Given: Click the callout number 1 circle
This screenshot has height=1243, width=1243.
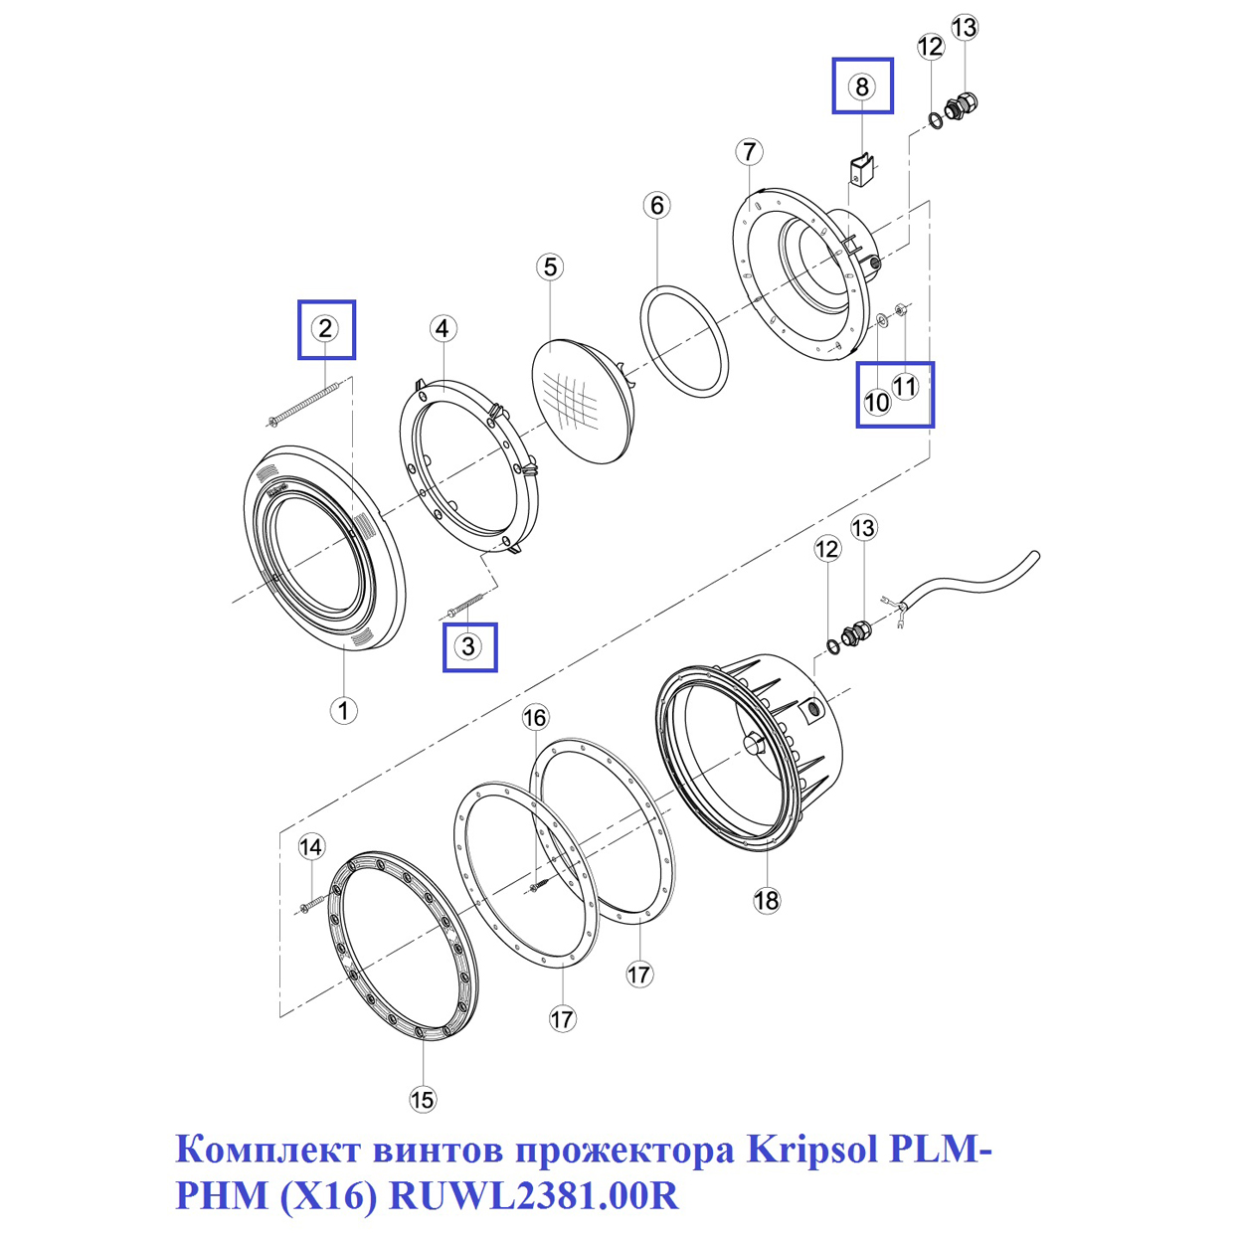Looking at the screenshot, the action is pyautogui.click(x=343, y=711).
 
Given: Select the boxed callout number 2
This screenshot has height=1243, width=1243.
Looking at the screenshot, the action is pyautogui.click(x=325, y=328).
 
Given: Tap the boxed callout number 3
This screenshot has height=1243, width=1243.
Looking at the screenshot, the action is pyautogui.click(x=468, y=645).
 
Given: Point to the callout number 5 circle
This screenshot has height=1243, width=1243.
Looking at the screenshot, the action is pyautogui.click(x=550, y=266).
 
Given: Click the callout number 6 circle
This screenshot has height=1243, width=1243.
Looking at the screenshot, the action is pyautogui.click(x=656, y=205).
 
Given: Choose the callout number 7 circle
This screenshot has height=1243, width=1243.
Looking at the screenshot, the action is pyautogui.click(x=749, y=151).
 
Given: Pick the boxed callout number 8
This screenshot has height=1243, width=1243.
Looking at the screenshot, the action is pyautogui.click(x=862, y=86).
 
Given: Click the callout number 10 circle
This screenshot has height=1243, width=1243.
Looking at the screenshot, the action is pyautogui.click(x=877, y=403).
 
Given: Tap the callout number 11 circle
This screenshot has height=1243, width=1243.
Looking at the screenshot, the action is pyautogui.click(x=904, y=387).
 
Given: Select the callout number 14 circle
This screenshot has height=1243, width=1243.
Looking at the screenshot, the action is pyautogui.click(x=311, y=846).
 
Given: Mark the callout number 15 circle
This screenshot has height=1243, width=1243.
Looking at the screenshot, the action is pyautogui.click(x=423, y=1099).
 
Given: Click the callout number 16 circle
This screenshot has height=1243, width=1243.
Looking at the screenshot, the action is pyautogui.click(x=535, y=717).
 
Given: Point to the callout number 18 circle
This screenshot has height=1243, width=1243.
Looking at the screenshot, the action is pyautogui.click(x=767, y=901).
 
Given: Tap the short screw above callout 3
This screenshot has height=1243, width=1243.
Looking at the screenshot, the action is pyautogui.click(x=463, y=605).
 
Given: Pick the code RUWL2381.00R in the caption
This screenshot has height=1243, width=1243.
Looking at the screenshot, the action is pyautogui.click(x=535, y=1195).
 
